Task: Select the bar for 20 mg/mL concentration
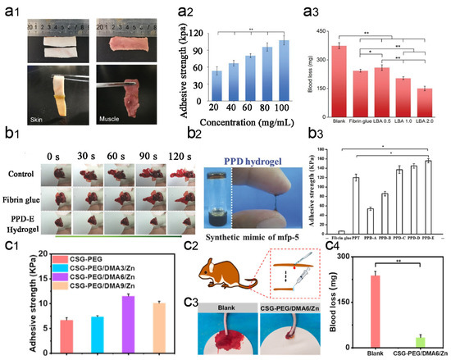pyautogui.click(x=194, y=84)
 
